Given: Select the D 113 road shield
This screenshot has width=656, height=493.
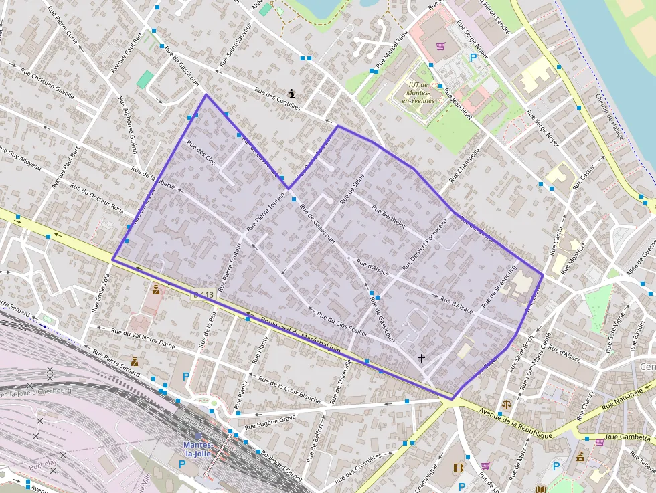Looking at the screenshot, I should [x=203, y=295].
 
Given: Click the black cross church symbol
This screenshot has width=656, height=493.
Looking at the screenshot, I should [x=422, y=359].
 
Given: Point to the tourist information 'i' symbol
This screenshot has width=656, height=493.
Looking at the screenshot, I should [x=292, y=94].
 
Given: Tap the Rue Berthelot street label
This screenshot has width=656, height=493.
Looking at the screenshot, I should [x=384, y=217].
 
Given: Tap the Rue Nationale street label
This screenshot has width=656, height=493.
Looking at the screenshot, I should [x=626, y=399].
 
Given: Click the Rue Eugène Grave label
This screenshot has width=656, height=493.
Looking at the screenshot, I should [x=270, y=421].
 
